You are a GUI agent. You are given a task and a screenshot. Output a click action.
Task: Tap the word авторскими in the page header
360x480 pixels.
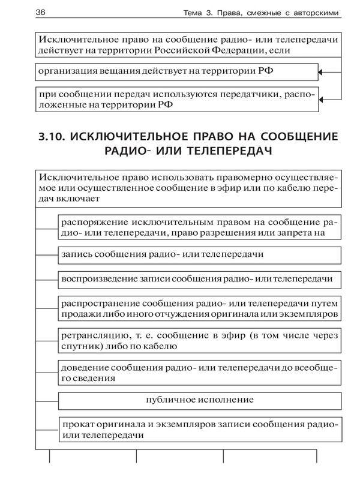point(310,13)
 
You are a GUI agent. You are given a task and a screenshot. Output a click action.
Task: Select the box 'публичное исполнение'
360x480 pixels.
point(200,400)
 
